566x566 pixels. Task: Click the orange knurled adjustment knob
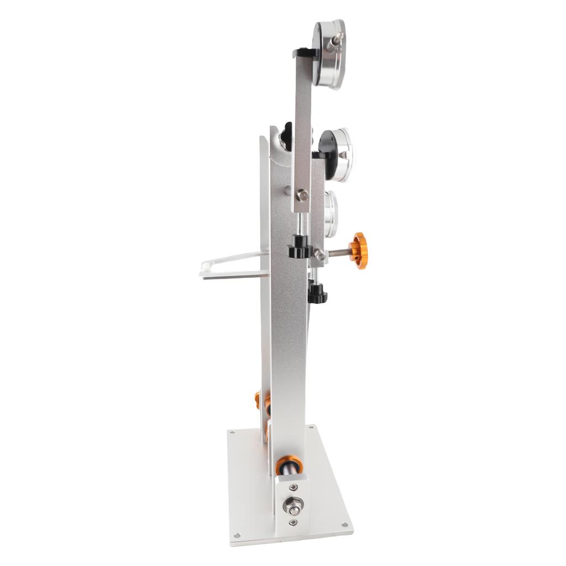(359, 250)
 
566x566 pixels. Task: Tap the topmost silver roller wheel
(329, 54)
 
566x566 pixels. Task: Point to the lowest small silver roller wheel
(331, 214)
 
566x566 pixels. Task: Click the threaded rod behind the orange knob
(338, 253)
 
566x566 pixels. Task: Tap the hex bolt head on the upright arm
(302, 195)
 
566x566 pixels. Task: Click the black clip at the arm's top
(305, 53)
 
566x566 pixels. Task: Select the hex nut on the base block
(294, 505)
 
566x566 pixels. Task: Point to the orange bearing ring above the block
(290, 465)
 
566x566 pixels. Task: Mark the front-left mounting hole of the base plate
(237, 535)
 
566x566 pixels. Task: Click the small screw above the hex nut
(294, 487)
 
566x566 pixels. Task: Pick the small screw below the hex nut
(293, 522)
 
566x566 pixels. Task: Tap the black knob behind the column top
(287, 133)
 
